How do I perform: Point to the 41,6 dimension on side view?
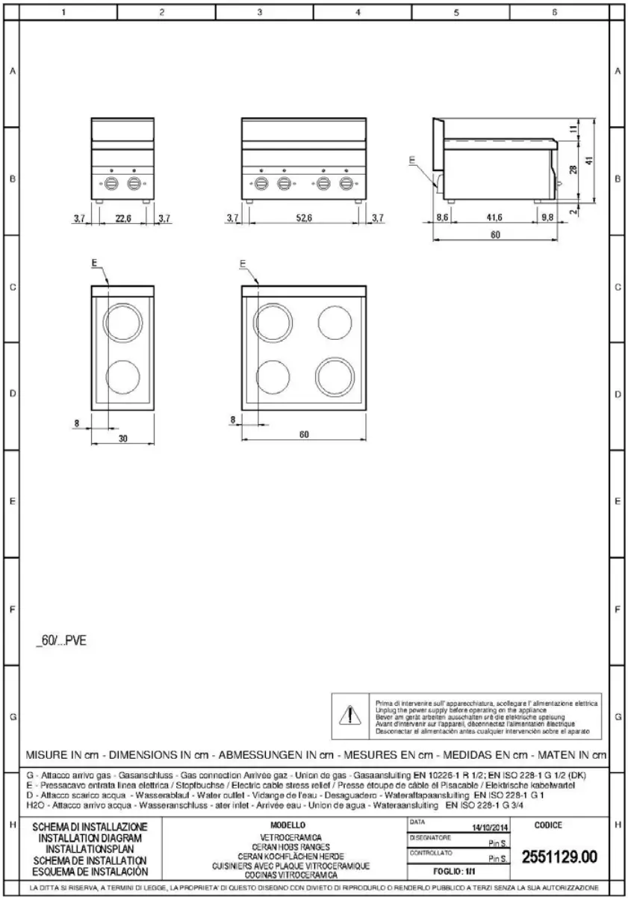pyautogui.click(x=494, y=217)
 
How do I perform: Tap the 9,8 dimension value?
pyautogui.click(x=548, y=217)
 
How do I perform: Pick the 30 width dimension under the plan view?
pyautogui.click(x=123, y=439)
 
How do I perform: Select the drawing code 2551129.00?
pyautogui.click(x=559, y=857)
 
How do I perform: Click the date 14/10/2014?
pyautogui.click(x=491, y=827)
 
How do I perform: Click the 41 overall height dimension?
pyautogui.click(x=590, y=161)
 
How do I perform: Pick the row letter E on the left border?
pyautogui.click(x=11, y=501)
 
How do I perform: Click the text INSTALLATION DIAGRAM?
pyautogui.click(x=93, y=839)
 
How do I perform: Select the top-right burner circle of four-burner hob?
pyautogui.click(x=335, y=322)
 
